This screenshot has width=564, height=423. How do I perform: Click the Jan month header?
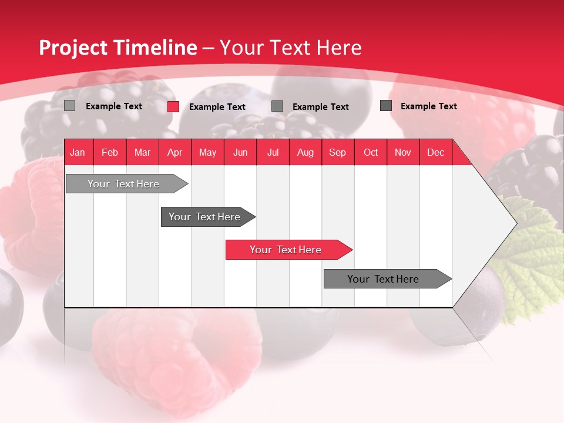78,153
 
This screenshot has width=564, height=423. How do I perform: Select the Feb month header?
110,153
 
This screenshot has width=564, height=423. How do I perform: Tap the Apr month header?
174,153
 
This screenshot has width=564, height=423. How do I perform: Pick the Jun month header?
240,153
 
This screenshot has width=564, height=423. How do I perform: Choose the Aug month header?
305,153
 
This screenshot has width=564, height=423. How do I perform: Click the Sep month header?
337,153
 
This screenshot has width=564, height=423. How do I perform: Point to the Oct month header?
371,153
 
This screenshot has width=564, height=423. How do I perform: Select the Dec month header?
435,153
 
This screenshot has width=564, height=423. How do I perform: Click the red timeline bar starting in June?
286,250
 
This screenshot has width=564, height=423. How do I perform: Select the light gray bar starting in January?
124,184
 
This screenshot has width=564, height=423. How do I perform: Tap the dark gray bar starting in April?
205,217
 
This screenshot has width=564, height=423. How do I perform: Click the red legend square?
173,106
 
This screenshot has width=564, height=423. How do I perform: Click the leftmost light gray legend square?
69,106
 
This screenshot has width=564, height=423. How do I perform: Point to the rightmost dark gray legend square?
386,106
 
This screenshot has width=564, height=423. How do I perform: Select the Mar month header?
142,153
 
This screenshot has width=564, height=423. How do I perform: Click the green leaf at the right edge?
532,253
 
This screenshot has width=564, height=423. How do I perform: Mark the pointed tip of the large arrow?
515,223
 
